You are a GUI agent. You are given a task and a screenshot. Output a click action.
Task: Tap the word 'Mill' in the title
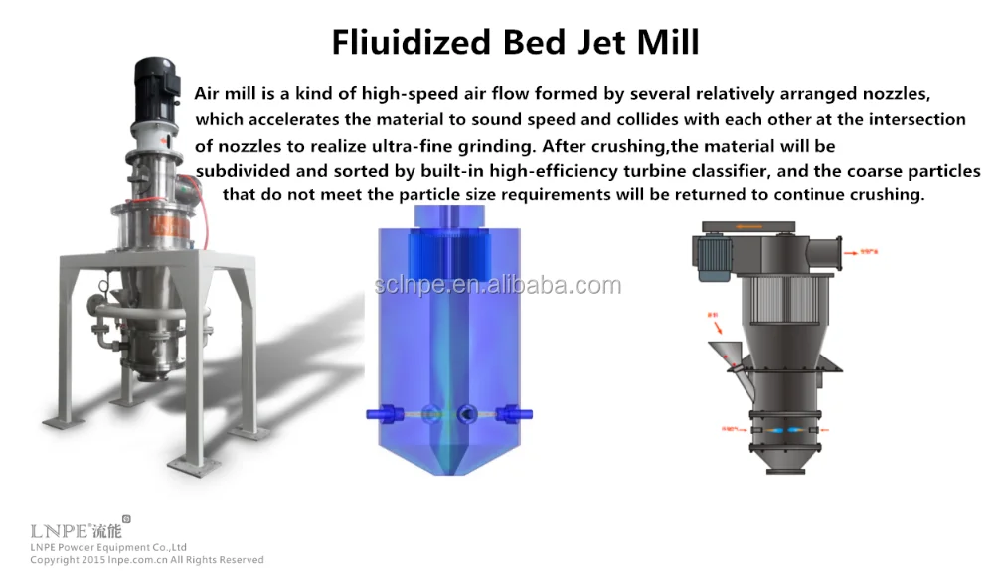(x=668, y=42)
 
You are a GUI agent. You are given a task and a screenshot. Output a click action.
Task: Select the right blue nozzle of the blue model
(x=509, y=411)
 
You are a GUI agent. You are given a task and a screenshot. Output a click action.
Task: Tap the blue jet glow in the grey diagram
(x=779, y=429)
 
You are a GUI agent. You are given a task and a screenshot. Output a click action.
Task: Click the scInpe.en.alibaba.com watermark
(x=497, y=286)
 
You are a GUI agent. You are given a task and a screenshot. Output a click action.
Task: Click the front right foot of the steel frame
(x=195, y=459)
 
